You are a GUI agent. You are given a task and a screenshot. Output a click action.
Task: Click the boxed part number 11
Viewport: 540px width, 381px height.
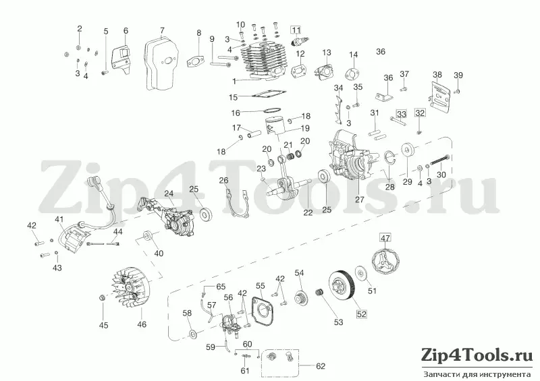pos(296,30)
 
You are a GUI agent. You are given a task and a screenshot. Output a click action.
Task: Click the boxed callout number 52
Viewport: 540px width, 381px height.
pos(361,314)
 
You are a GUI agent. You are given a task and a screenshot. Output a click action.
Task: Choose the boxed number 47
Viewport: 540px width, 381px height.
pos(385,237)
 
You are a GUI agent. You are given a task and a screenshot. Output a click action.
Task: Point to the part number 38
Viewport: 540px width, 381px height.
pos(437,75)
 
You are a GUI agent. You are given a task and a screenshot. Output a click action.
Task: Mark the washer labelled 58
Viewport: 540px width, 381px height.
pos(192,333)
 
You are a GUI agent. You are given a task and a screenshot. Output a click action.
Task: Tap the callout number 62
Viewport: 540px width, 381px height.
pos(320,366)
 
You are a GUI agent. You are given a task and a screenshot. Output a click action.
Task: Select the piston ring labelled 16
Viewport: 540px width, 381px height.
pos(271,111)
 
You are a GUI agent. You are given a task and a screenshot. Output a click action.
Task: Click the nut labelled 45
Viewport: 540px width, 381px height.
pos(103,297)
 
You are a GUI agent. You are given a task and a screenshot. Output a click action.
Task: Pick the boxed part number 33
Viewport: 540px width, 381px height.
pos(401,113)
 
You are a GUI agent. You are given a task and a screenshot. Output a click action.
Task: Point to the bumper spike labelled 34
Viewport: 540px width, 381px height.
pos(338,109)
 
